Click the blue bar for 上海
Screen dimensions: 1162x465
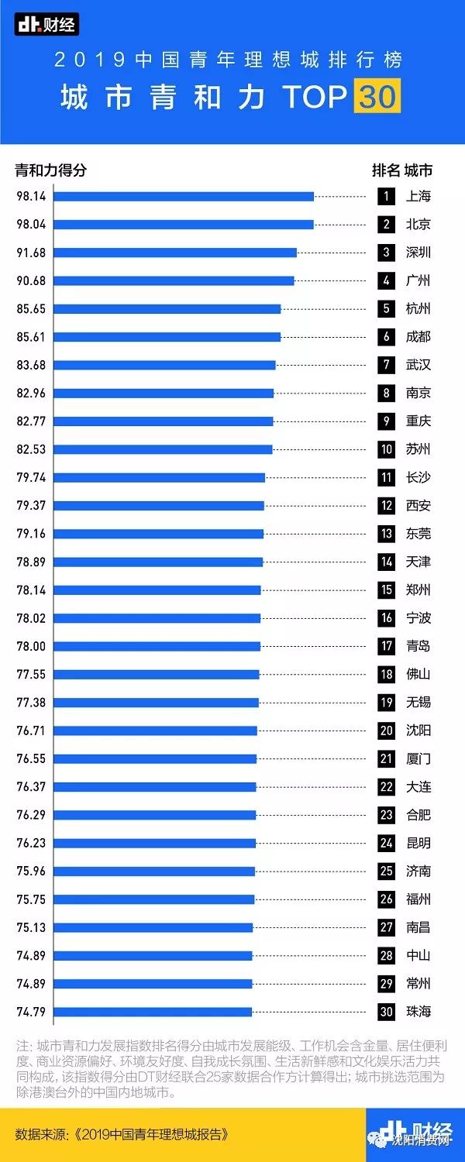point(184,197)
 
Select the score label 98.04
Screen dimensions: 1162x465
point(31,225)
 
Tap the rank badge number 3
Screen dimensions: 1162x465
point(385,253)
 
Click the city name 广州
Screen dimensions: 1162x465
point(418,280)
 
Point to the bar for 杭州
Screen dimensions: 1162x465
point(167,309)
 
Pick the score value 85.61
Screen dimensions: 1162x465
point(31,337)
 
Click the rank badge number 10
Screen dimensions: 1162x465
point(386,449)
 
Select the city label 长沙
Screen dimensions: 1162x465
point(418,477)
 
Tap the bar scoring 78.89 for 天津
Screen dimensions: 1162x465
point(158,562)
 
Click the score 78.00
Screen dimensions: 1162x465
point(31,646)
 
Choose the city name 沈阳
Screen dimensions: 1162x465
point(418,731)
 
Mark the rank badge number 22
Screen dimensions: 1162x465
point(386,787)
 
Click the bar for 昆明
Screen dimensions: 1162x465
point(154,843)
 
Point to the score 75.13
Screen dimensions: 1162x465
point(31,927)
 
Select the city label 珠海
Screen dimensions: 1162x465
point(418,1012)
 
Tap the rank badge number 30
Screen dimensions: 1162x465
point(386,1012)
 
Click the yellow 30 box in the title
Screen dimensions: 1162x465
point(377,97)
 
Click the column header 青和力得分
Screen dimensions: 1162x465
point(51,170)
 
